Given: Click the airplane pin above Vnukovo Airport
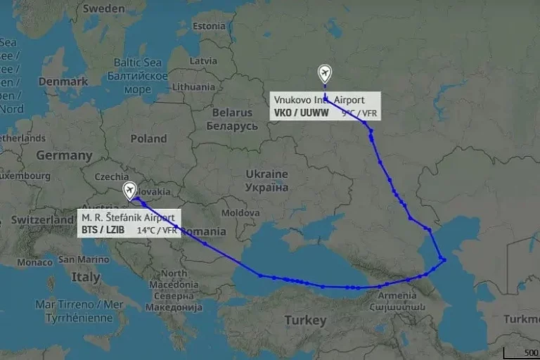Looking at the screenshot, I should [x=324, y=73].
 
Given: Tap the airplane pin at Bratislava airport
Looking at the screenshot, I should [x=130, y=190].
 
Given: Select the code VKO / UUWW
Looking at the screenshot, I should [x=300, y=112].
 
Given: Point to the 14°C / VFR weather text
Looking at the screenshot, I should [x=156, y=230].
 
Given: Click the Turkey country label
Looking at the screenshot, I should [x=305, y=321].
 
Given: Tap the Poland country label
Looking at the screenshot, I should [x=148, y=139].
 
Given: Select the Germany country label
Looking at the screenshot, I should [x=64, y=155].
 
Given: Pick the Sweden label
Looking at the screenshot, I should [x=103, y=8].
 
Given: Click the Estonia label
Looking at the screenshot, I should [x=209, y=26].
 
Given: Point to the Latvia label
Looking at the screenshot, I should [x=203, y=60].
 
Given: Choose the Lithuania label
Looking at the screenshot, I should [x=193, y=86].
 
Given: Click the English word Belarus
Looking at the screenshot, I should [x=232, y=112].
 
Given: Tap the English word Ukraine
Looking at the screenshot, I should [x=266, y=174].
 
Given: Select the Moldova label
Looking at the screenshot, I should [x=240, y=212].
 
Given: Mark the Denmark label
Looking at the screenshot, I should [x=63, y=82].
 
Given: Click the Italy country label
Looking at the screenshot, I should [x=85, y=278].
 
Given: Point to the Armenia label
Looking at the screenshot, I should [x=398, y=296].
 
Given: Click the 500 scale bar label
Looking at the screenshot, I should [x=531, y=352].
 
